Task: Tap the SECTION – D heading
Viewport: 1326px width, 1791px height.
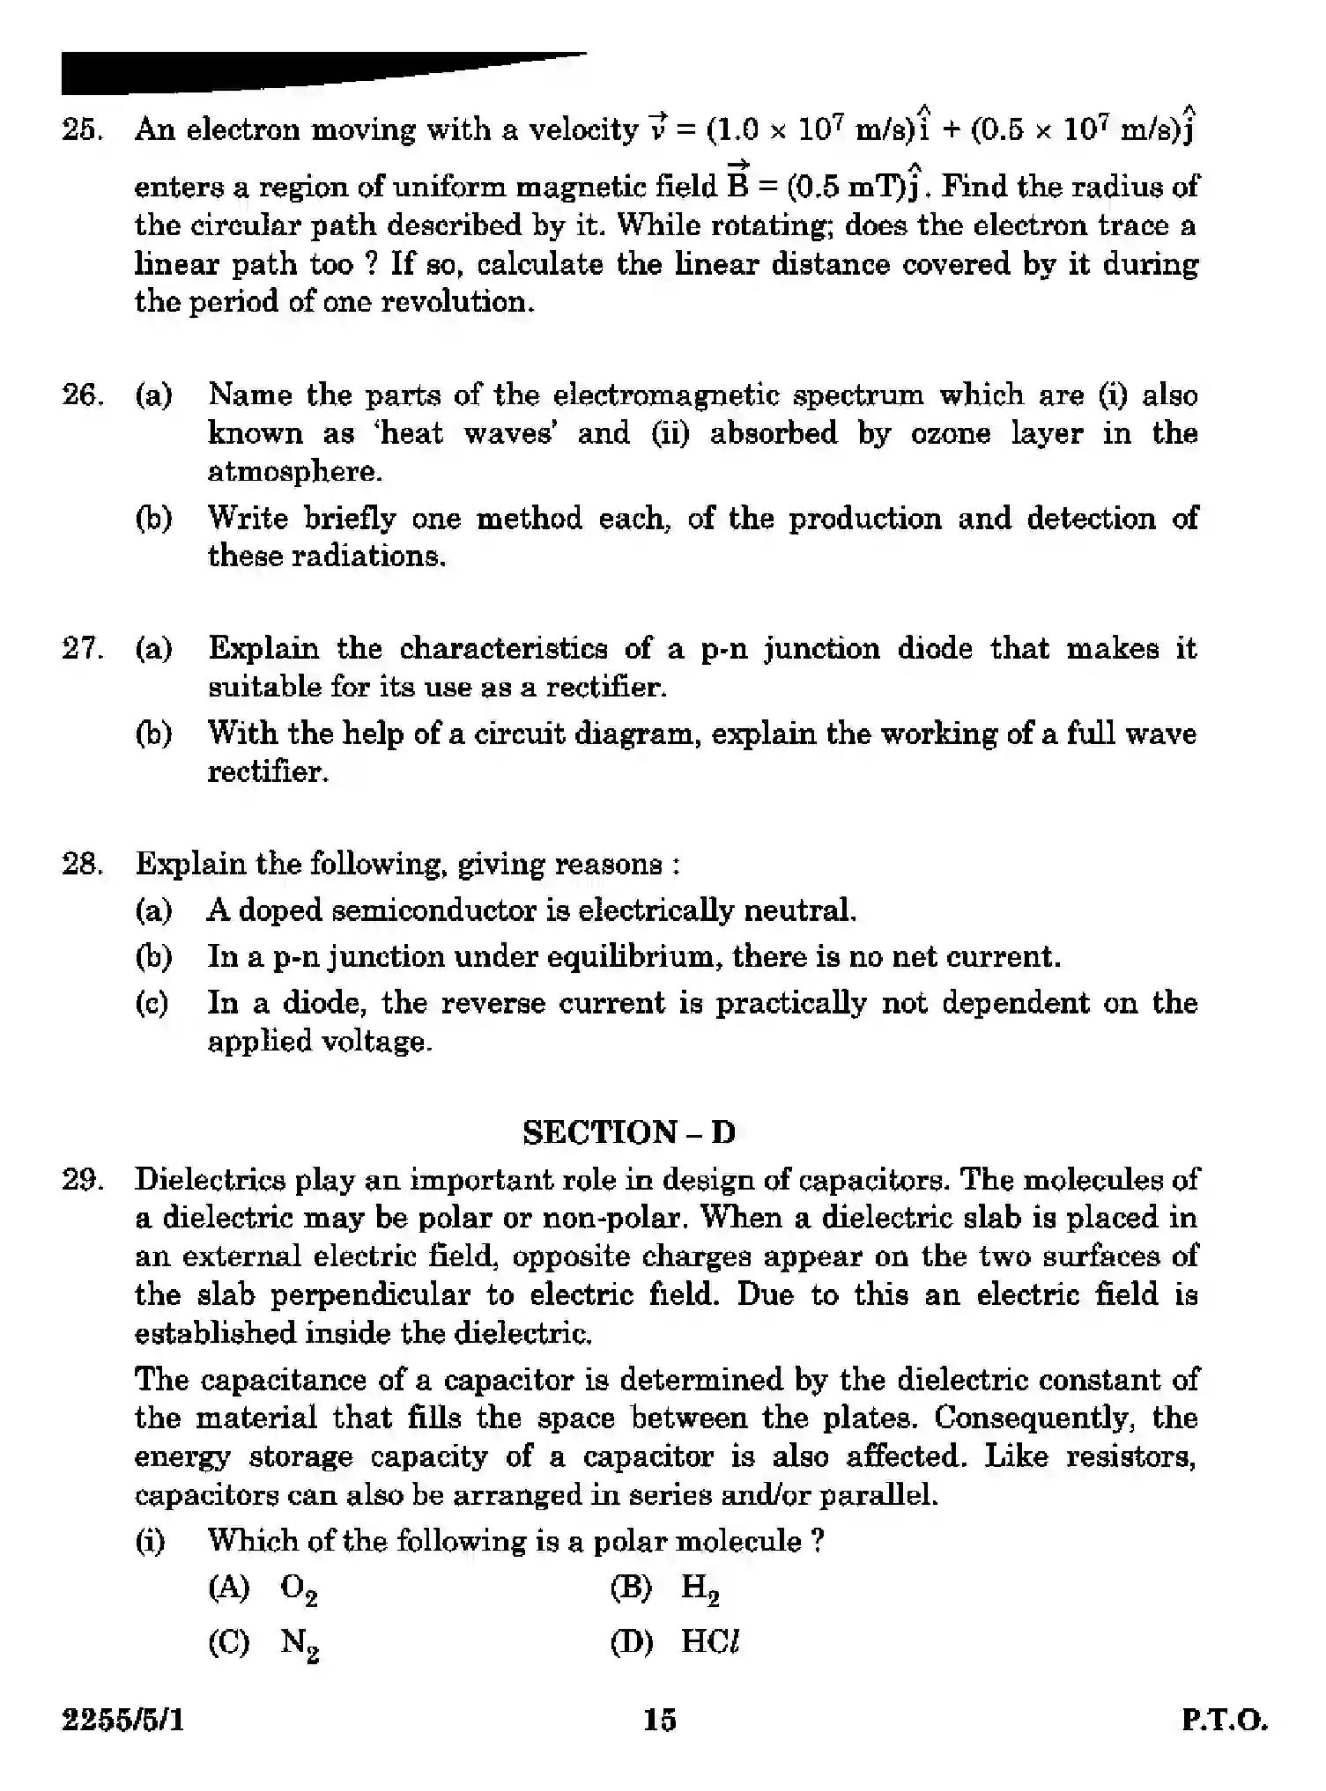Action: [628, 1132]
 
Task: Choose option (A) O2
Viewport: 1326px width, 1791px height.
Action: [263, 1588]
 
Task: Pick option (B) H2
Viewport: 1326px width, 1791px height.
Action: [665, 1588]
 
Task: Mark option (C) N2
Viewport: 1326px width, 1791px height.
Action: [263, 1643]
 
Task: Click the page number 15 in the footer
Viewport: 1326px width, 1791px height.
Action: [659, 1720]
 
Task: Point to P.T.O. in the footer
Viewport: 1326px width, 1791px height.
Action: [1224, 1721]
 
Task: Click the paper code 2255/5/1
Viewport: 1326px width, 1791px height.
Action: [122, 1721]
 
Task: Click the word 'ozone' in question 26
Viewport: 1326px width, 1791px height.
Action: [950, 433]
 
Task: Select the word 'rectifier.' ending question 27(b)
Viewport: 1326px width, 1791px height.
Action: [268, 772]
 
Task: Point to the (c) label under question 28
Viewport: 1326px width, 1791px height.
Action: [152, 1004]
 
